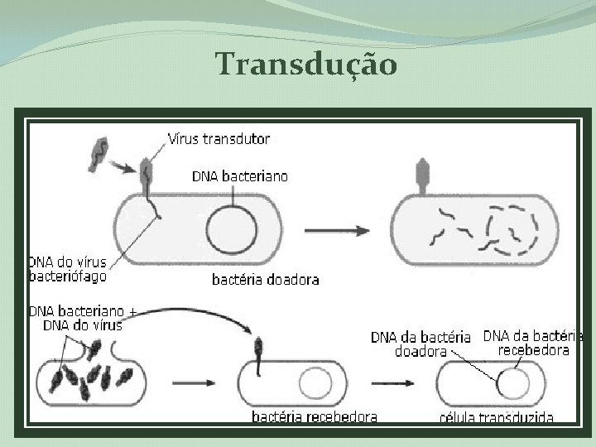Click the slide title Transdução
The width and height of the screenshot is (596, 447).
tap(306, 64)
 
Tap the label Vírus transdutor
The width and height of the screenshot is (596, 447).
tap(219, 139)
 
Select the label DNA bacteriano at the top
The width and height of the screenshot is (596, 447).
tap(240, 175)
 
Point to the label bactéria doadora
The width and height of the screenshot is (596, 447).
tap(265, 280)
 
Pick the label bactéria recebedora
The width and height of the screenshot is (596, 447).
tap(315, 416)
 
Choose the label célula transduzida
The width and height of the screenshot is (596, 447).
tap(496, 417)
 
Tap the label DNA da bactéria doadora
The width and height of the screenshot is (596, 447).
tap(421, 344)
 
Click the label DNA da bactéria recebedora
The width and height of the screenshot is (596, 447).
tap(533, 343)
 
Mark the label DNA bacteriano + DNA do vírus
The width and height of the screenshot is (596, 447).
tap(83, 319)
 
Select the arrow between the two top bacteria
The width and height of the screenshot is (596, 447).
tap(339, 230)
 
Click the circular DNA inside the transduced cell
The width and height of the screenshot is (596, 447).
tap(513, 383)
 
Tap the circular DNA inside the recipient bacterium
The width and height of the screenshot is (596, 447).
tap(314, 384)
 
